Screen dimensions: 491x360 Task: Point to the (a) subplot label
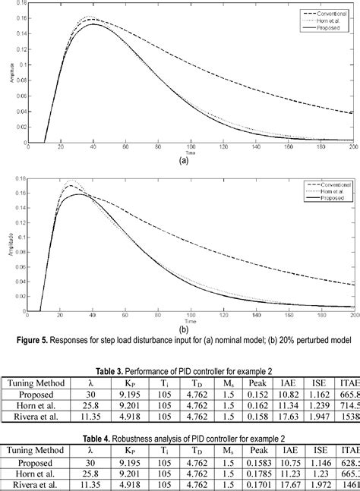[x=183, y=161]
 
